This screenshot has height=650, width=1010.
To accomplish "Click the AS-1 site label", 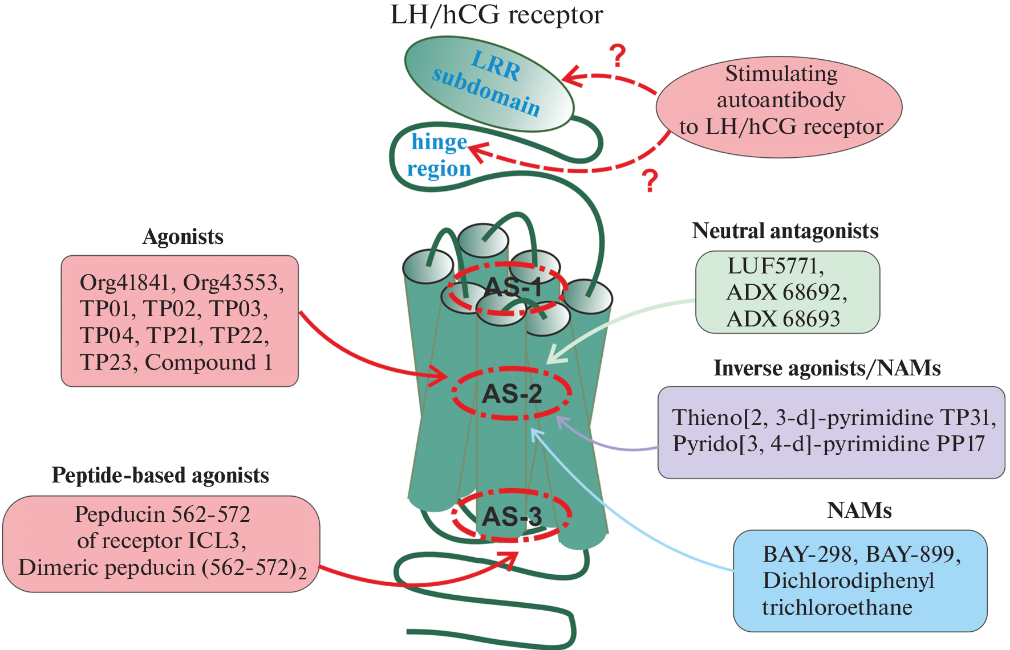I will tap(512, 287).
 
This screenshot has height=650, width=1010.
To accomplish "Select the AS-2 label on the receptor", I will tap(512, 394).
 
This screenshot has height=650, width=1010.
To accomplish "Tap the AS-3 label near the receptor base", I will tap(512, 516).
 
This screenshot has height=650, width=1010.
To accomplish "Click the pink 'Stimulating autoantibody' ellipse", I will tap(779, 107).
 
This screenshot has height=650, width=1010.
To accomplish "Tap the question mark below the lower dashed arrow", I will tap(650, 181).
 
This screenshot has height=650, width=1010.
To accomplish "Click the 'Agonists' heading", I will tap(182, 236).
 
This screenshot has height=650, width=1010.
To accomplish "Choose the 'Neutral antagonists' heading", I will tap(785, 231).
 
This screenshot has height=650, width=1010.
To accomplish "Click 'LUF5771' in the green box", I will tap(774, 266).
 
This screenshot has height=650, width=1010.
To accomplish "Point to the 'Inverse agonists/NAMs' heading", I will tap(826, 368).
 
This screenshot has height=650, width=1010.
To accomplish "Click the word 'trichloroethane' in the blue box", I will tap(837, 607).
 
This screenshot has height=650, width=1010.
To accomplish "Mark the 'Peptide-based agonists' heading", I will tap(160, 475).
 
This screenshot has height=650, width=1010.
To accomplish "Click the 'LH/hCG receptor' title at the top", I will tap(496, 15).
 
